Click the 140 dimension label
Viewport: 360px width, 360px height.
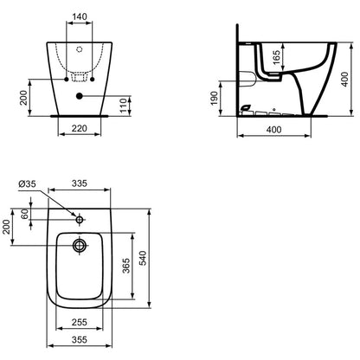coord(80,16)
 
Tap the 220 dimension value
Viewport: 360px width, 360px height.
coord(80,128)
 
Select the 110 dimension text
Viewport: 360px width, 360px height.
coord(123,106)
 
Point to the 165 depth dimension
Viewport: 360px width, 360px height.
coord(276,57)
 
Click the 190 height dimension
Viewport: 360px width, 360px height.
coord(214,99)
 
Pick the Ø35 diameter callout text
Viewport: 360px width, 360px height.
coord(27,183)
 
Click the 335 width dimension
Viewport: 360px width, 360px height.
coord(80,183)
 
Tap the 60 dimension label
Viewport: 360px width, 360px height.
coord(25,214)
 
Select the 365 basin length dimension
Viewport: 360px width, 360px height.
coord(126,266)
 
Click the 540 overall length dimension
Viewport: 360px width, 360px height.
coord(143,258)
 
